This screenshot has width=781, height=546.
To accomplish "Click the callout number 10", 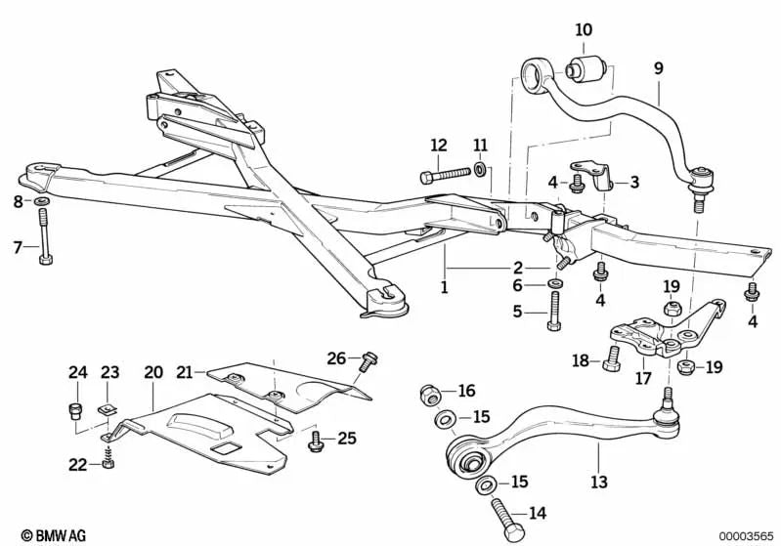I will (x=584, y=30).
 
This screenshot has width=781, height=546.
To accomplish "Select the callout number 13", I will (x=599, y=482).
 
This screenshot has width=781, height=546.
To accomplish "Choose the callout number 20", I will (x=153, y=372).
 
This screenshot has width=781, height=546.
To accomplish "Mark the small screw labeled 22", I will (x=107, y=461).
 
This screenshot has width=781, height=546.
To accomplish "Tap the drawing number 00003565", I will (x=745, y=535).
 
